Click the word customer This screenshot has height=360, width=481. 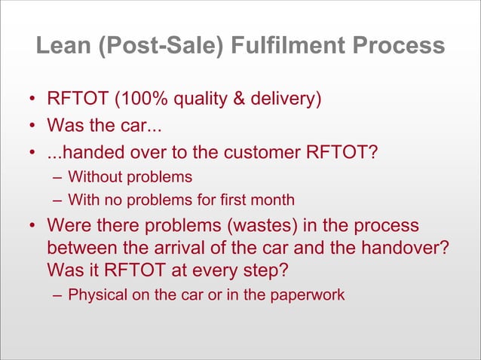tap(273, 154)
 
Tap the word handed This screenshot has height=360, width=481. tap(88, 154)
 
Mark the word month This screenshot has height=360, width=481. tap(273, 201)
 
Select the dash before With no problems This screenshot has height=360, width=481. tap(57, 201)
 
